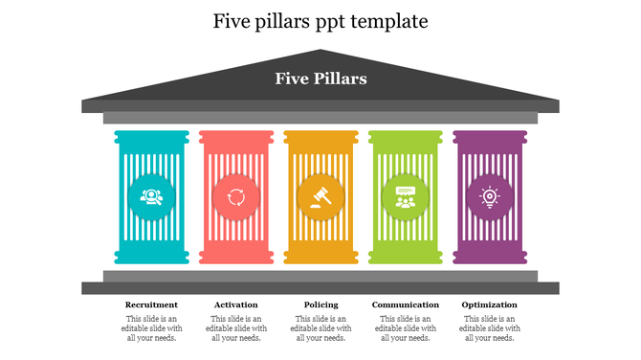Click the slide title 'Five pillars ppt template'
coord(320,20)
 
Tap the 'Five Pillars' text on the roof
coord(320,79)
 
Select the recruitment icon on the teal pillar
coord(151,197)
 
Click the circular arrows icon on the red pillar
coord(235,197)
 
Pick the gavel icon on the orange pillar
coord(320,197)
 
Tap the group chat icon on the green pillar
coord(405,197)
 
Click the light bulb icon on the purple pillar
coord(489,197)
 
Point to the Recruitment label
coord(151,304)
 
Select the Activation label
coord(235,304)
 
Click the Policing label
coord(320,304)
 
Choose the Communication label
coord(405,304)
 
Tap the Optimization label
coord(489,304)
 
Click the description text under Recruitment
coord(151,327)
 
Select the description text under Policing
coord(320,327)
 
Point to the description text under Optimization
coord(489,327)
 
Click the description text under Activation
coord(235,327)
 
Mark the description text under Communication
coord(405,327)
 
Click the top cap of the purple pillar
coord(489,138)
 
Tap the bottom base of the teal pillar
coord(151,257)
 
